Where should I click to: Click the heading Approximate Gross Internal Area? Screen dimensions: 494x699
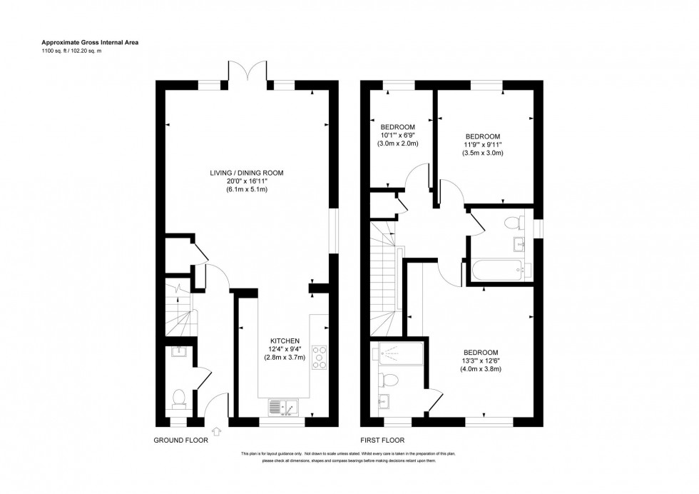[x=88, y=43]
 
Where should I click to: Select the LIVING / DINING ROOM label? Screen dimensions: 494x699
[x=248, y=173]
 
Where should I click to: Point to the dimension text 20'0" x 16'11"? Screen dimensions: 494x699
[x=248, y=181]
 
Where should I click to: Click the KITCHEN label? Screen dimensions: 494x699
[x=285, y=341]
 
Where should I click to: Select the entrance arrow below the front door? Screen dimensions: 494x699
[x=217, y=430]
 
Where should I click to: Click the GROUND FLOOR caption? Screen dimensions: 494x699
[x=181, y=440]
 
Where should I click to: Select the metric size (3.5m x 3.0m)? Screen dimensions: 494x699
[x=483, y=153]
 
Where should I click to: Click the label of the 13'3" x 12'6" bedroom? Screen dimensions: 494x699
[x=481, y=353]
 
